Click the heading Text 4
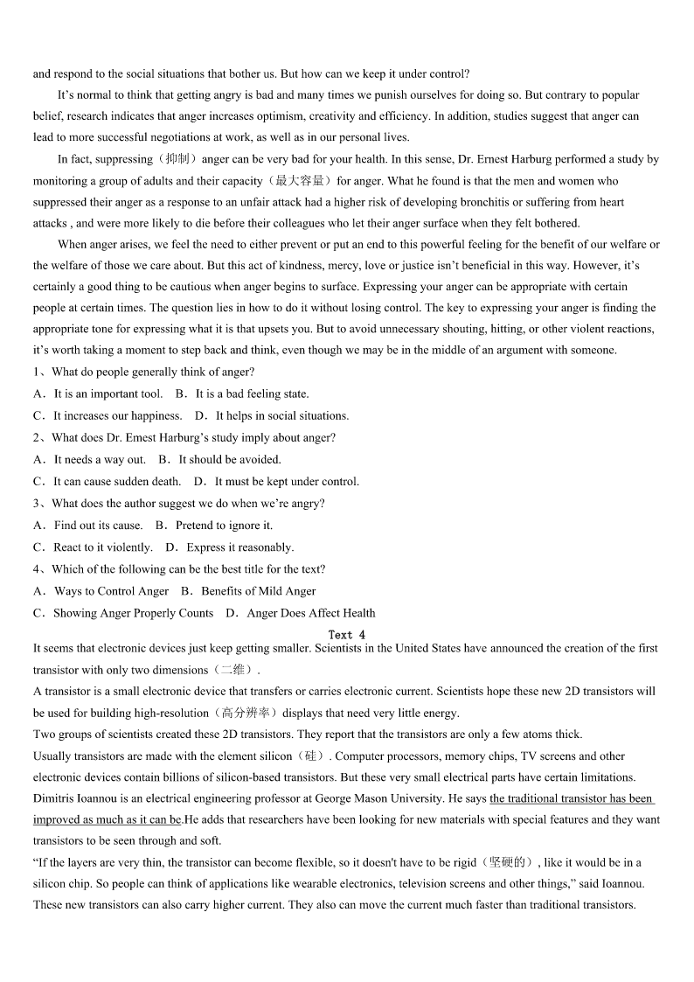(347, 635)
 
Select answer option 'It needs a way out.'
(100, 459)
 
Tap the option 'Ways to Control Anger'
(111, 591)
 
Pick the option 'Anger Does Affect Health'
(311, 613)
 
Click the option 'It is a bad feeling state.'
(252, 393)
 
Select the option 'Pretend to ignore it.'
(224, 526)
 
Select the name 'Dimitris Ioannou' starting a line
(75, 798)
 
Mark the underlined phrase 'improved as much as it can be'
(108, 820)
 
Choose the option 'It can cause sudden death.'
(117, 481)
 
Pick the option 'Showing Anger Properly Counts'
(133, 613)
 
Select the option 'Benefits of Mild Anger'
(258, 591)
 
